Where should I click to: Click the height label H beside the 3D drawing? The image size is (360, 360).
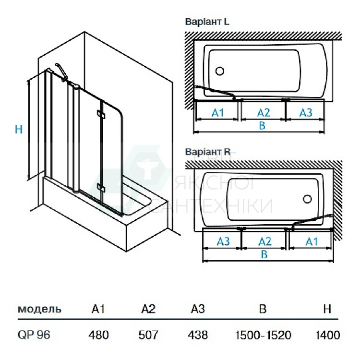[x=19, y=130]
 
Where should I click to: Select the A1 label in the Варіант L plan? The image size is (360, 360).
[x=218, y=112]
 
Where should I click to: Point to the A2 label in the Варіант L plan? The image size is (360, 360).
[x=264, y=112]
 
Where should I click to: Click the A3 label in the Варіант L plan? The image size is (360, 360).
[x=306, y=112]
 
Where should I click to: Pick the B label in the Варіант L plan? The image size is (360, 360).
[x=262, y=126]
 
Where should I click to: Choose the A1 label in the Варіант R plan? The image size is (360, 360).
[x=312, y=241]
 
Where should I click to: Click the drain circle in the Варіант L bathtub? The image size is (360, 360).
[x=220, y=72]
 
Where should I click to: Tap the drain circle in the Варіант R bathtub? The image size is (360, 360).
[x=308, y=198]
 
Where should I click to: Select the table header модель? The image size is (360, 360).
[x=39, y=309]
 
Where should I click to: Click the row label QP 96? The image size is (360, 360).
[x=33, y=335]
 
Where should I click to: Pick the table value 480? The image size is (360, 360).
[x=98, y=335]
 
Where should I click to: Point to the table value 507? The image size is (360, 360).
[x=149, y=335]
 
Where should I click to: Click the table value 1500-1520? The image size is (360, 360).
[x=263, y=335]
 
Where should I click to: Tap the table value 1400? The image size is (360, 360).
[x=328, y=335]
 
